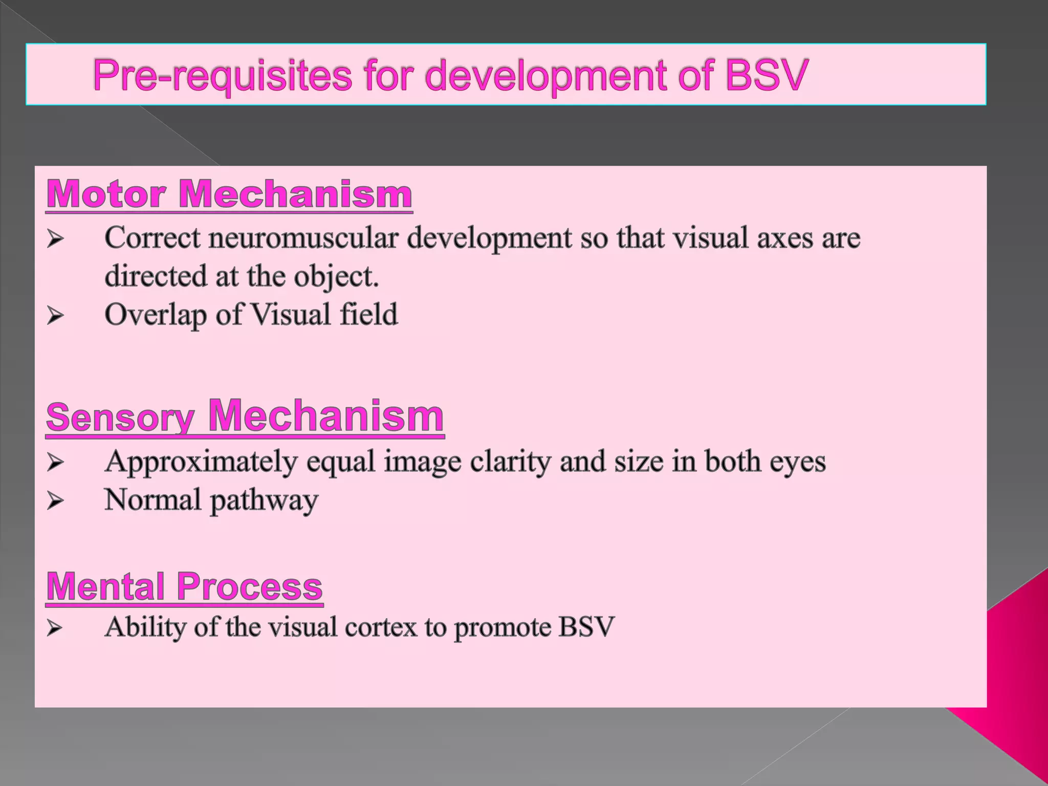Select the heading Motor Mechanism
click(x=229, y=194)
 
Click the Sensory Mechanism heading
click(x=245, y=417)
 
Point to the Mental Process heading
click(x=184, y=586)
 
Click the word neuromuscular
click(x=303, y=238)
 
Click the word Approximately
click(x=201, y=462)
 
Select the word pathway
click(x=264, y=500)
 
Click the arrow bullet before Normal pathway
click(x=55, y=500)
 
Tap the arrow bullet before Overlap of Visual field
click(x=55, y=315)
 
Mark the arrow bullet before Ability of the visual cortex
click(x=55, y=628)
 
